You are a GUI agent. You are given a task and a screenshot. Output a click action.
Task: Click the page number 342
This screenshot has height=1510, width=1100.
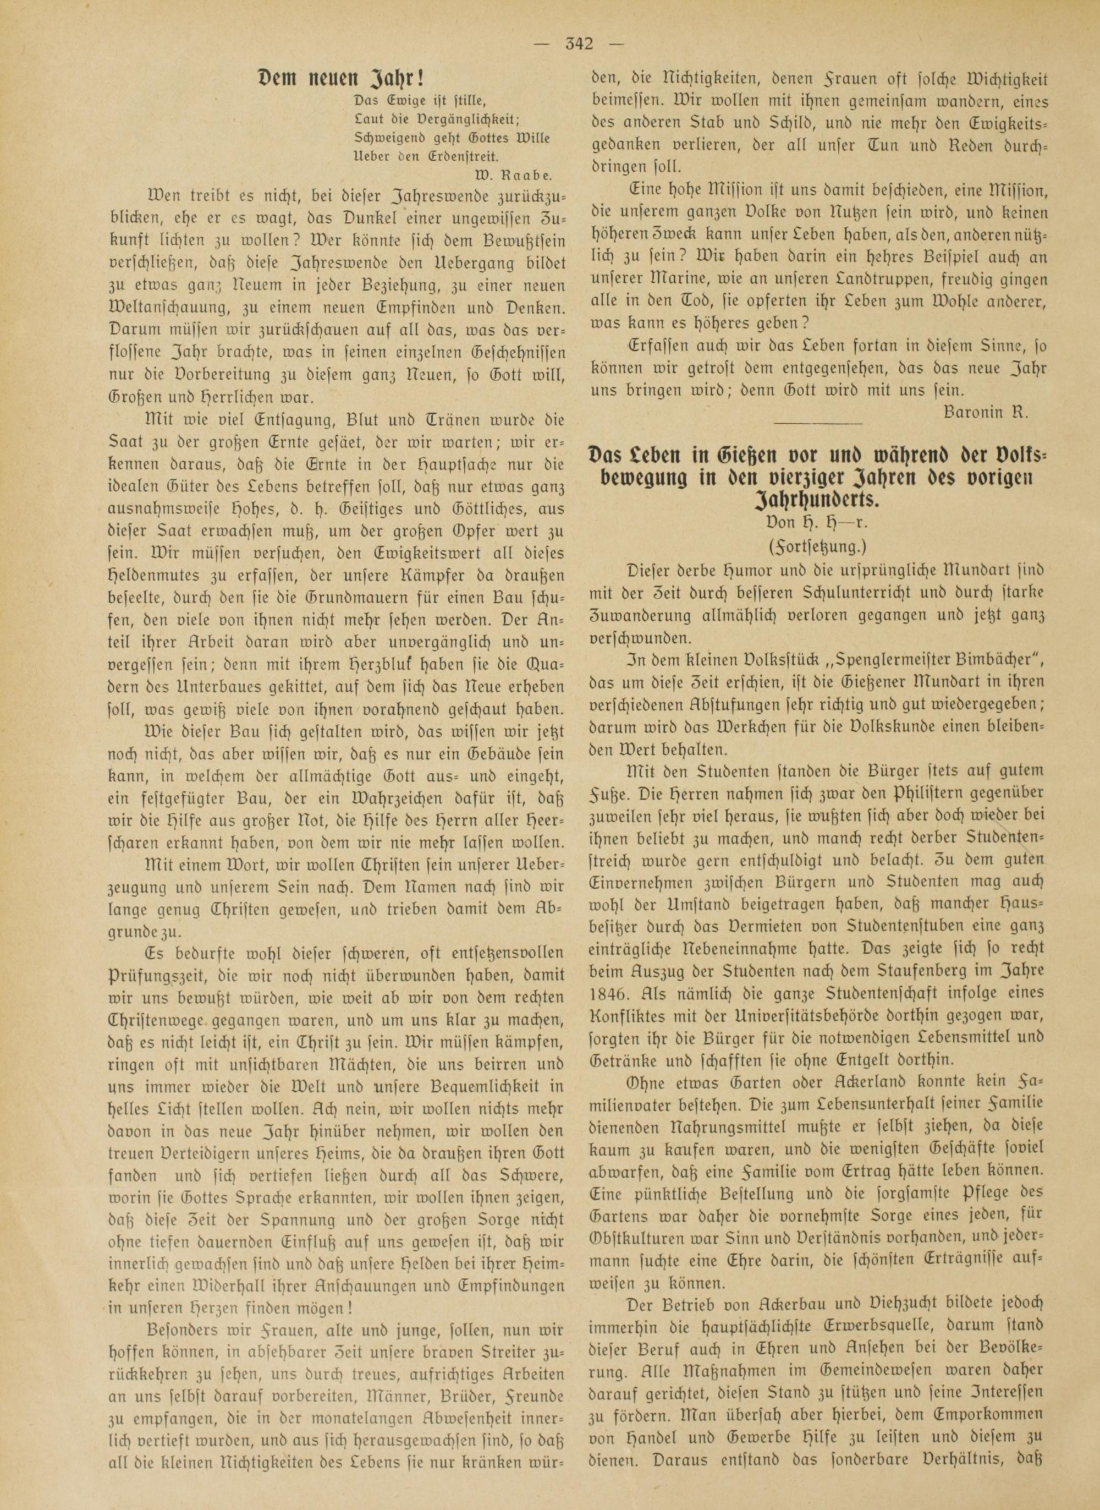click(x=577, y=45)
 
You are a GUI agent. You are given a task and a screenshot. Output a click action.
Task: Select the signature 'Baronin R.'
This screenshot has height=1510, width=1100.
click(x=986, y=411)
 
